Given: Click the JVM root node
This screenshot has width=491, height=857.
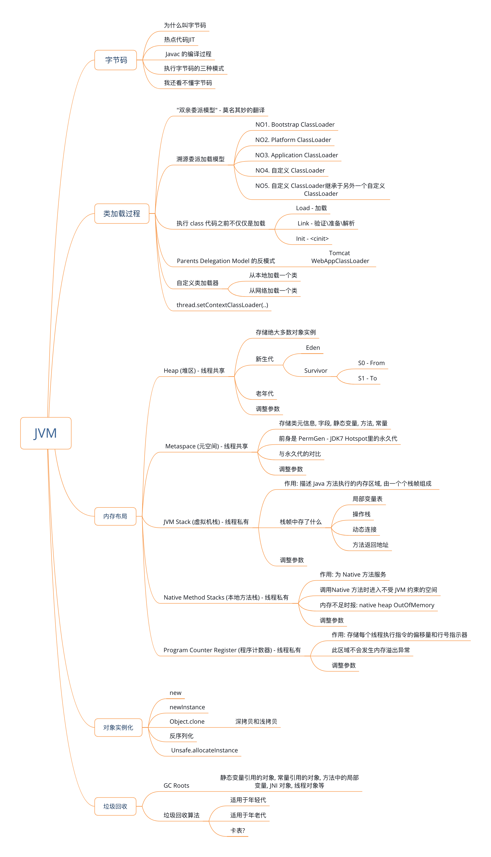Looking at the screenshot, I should coord(45,433).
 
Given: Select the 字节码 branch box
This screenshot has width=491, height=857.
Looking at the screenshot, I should coord(116,60).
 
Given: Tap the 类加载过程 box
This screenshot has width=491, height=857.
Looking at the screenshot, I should coord(121,213).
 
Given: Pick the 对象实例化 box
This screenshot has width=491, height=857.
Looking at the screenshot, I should coord(118,727).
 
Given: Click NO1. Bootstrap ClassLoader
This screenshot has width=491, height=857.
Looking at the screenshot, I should coord(295,125).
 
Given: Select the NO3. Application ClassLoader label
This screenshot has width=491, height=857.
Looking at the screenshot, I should coord(296,155).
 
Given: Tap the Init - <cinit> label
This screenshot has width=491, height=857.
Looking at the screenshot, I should coord(312,239).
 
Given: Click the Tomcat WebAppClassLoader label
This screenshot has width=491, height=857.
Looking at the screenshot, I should coord(340,257).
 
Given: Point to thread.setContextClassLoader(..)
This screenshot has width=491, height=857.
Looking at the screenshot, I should coord(222,305).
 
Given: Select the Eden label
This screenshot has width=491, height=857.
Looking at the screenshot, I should coord(313,348).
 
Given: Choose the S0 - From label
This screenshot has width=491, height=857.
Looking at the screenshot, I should coord(371,363).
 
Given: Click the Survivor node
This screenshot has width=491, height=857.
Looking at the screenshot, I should coord(316,371).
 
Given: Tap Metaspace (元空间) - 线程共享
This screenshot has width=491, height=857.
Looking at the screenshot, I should coord(206,446).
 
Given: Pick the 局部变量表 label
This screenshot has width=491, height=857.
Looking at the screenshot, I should coord(367,499).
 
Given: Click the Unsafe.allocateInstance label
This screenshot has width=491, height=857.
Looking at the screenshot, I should coord(204,750).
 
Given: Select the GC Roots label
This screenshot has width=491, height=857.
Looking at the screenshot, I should coord(176,785).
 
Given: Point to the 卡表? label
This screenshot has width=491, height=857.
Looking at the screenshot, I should coord(238,830).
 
